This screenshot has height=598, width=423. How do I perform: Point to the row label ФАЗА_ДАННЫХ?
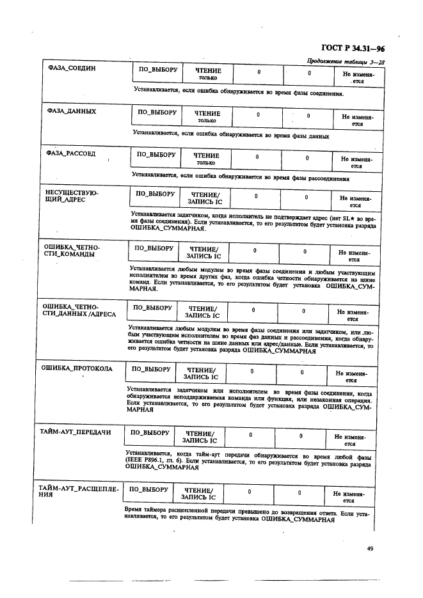(72, 111)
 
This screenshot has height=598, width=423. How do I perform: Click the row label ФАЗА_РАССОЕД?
(71, 154)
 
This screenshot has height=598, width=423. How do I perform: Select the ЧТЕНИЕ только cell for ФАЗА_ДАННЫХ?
(207, 116)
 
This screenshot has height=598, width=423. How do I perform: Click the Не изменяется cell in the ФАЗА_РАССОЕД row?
(356, 162)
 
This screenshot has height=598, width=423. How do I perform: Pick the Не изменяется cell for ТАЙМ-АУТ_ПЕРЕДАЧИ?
(349, 439)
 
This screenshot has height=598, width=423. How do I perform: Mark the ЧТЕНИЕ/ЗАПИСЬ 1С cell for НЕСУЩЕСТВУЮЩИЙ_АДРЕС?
(205, 198)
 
